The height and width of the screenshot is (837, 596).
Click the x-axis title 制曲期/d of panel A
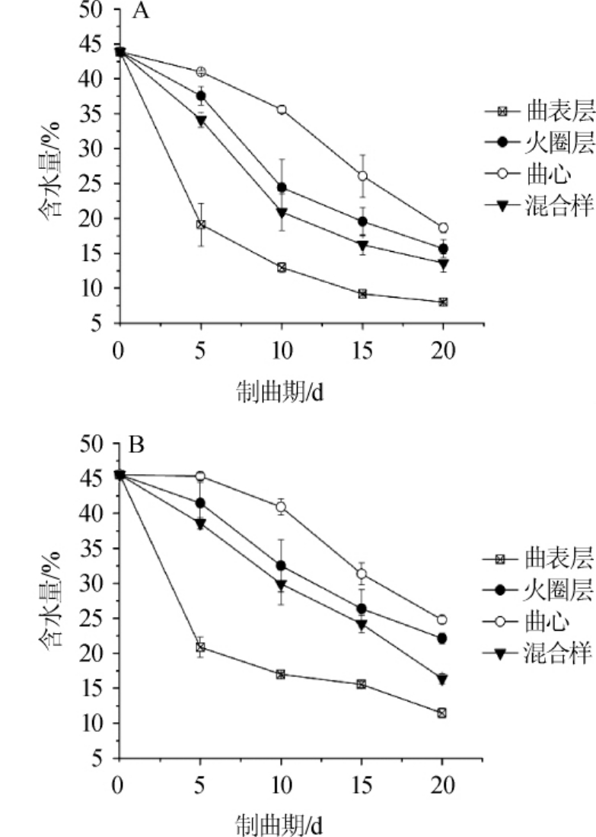click(281, 393)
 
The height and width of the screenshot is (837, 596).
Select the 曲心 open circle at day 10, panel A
click(282, 110)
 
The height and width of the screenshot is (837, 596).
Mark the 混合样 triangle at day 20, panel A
click(443, 264)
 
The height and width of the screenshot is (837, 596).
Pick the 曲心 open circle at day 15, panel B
click(362, 574)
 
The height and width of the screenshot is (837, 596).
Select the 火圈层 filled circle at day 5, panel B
click(200, 503)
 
